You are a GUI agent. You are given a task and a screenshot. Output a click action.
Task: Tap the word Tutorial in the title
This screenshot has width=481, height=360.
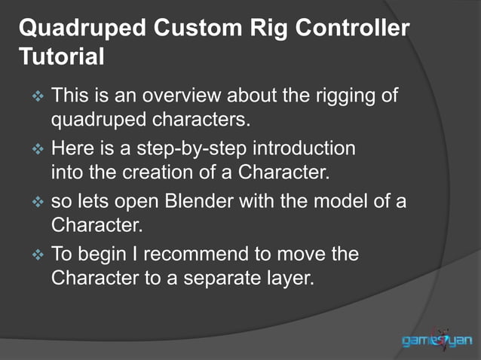pos(61,56)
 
